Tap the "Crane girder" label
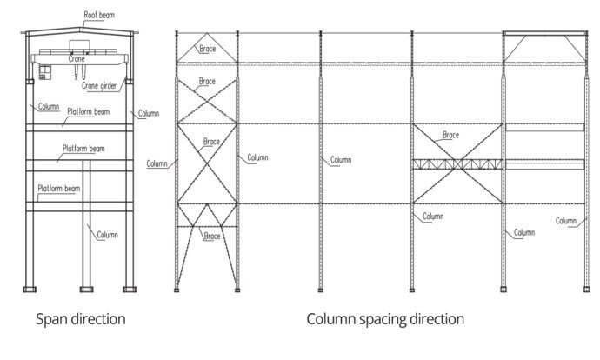coord(101,85)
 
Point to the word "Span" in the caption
coord(51,319)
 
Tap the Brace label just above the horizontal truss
coord(450,135)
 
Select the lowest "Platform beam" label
coord(58,189)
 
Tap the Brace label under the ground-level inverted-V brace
coord(211,236)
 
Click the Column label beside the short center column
coord(107,235)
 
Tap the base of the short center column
coord(86,288)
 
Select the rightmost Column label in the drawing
coord(566,221)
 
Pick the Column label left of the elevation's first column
coord(157,163)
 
